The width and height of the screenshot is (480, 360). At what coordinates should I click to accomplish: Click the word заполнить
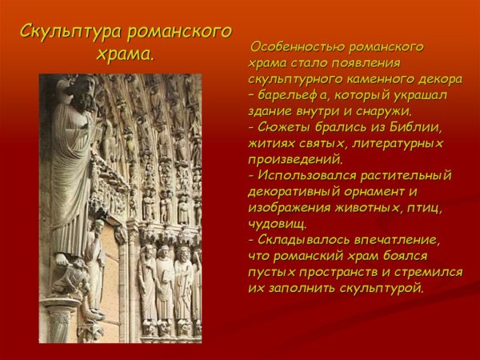[x=305, y=287]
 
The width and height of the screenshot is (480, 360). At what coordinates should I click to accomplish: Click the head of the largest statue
[x=78, y=88]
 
